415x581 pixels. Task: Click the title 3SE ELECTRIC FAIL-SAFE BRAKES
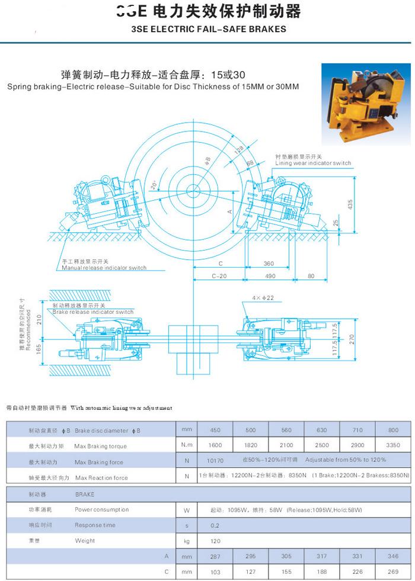coord(208,29)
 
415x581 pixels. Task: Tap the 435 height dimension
coord(350,204)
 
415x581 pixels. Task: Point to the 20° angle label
coord(155,186)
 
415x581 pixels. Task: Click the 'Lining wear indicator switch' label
coord(313,163)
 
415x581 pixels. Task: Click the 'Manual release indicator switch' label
coord(104,268)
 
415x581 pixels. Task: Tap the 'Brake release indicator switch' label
coord(93,312)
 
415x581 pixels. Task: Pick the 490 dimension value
coord(270,276)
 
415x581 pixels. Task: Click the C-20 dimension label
coord(220,276)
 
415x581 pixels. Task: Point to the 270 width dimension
coord(350,339)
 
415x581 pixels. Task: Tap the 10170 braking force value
coord(217,460)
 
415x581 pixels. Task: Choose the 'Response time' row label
coord(95,525)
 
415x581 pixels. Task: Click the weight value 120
coord(215,541)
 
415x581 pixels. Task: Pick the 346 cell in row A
coord(392,557)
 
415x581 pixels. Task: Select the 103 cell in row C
coord(215,572)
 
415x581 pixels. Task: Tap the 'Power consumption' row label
coord(101,509)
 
